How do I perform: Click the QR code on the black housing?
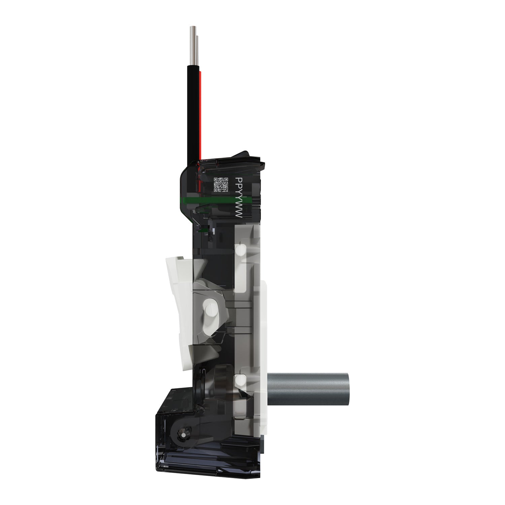pyautogui.click(x=222, y=184)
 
